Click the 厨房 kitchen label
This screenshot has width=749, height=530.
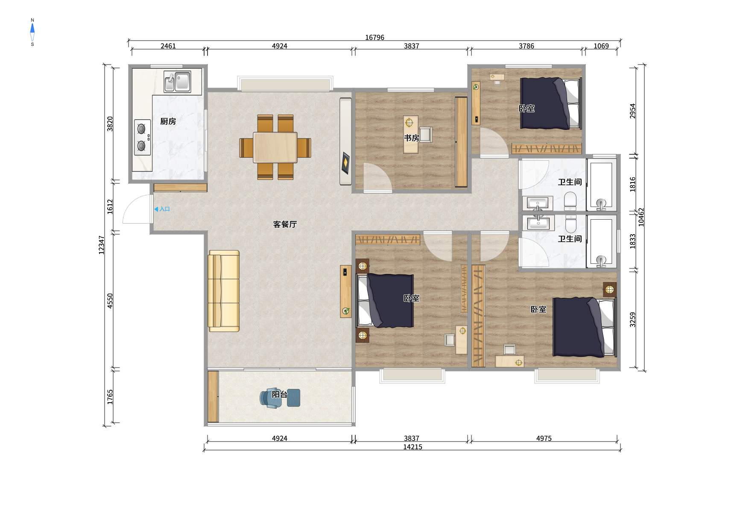pos(168,121)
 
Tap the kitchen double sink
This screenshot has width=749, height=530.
pos(177,82)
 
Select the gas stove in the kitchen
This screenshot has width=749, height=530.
pos(142,137)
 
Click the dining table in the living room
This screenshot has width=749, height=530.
pos(275,147)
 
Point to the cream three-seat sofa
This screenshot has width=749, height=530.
pos(224,291)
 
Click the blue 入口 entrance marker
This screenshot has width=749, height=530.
pos(162,209)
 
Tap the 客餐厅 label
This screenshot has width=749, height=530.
pos(285,224)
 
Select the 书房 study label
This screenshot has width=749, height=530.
pos(412,138)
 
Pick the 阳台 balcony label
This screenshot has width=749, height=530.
pos(280,395)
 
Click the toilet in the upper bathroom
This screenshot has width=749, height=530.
pos(570,201)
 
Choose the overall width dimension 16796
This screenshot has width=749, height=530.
pos(374,37)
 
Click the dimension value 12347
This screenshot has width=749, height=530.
pos(102,245)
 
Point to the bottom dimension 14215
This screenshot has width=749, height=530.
pos(413,447)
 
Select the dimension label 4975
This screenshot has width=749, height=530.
pos(544,438)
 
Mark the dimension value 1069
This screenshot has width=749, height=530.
pos(601,46)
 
